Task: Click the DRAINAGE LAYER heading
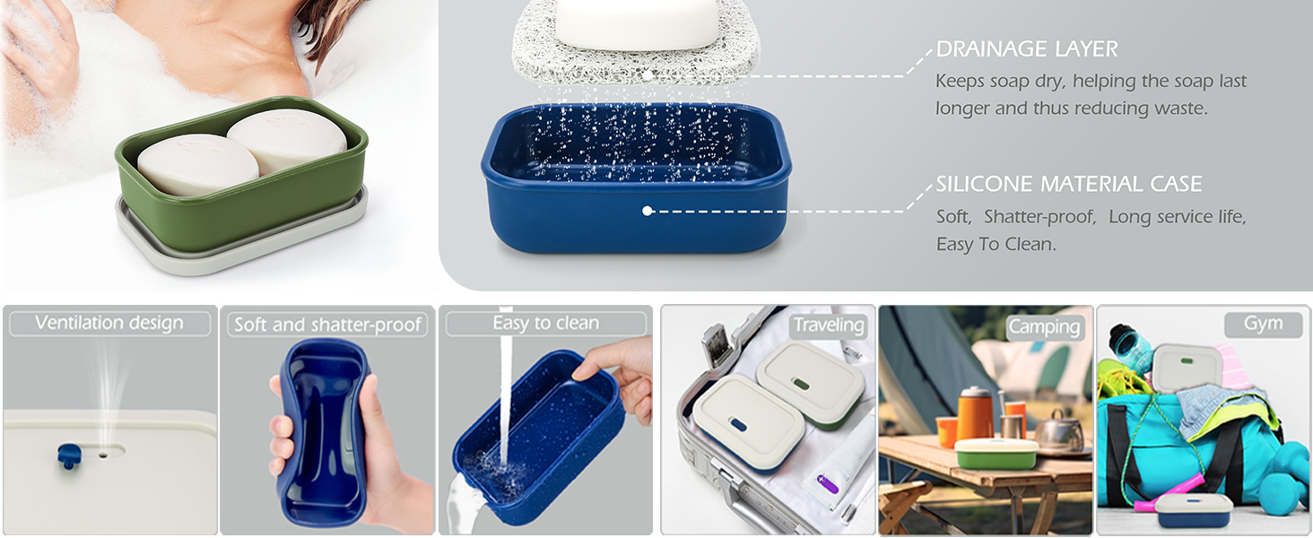pyautogui.click(x=1027, y=49)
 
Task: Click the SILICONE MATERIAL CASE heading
pyautogui.click(x=1068, y=185)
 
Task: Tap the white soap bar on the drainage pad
pyautogui.click(x=636, y=22)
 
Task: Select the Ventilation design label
pyautogui.click(x=109, y=323)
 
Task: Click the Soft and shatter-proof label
pyautogui.click(x=327, y=325)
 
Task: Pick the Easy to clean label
pyautogui.click(x=545, y=323)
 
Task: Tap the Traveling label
pyautogui.click(x=828, y=325)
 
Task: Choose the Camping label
pyautogui.click(x=1044, y=327)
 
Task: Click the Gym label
pyautogui.click(x=1263, y=324)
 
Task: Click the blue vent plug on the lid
pyautogui.click(x=68, y=456)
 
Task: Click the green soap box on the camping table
pyautogui.click(x=996, y=455)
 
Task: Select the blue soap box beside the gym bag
pyautogui.click(x=1190, y=511)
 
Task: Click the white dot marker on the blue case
pyautogui.click(x=646, y=211)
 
